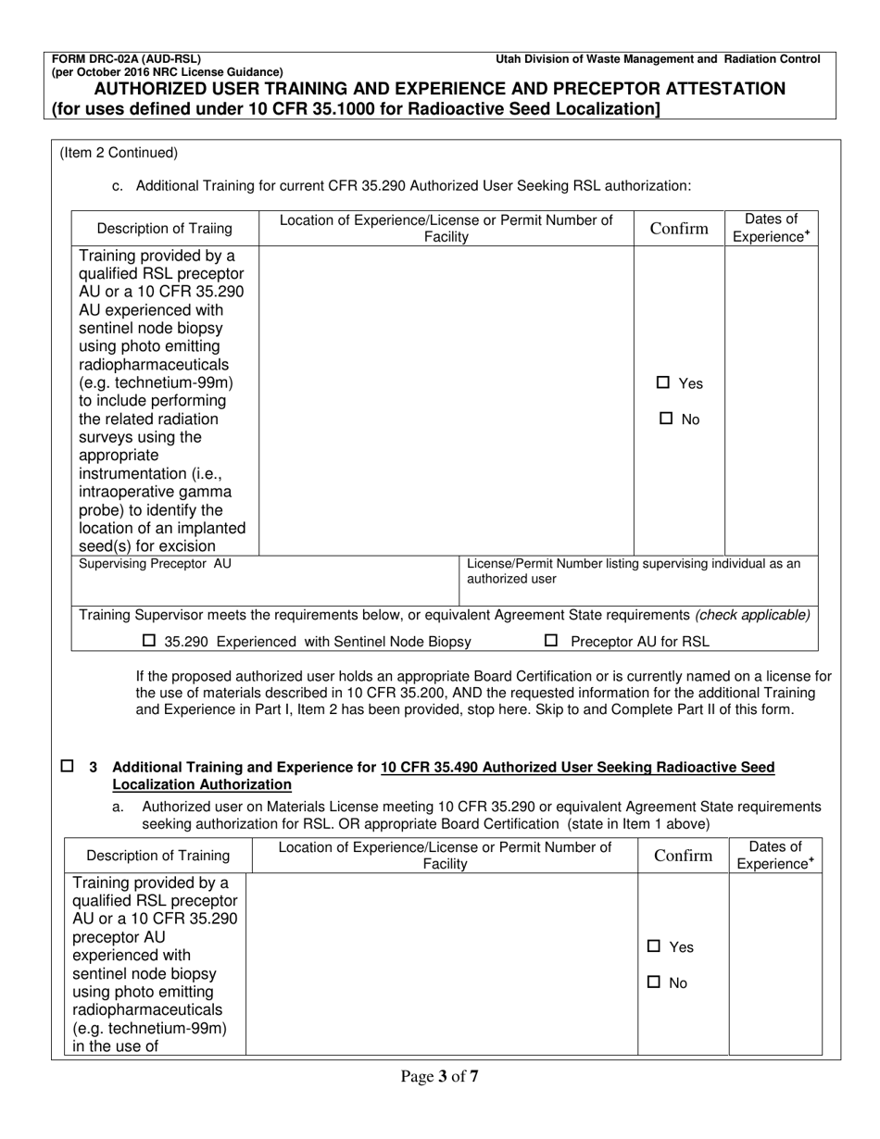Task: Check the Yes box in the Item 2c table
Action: tap(662, 383)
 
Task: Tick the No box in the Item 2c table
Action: tap(665, 419)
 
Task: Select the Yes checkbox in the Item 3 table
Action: tap(654, 947)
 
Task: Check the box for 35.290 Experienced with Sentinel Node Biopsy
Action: tap(150, 641)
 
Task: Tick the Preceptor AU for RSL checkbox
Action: tap(551, 641)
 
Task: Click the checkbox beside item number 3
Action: tap(67, 767)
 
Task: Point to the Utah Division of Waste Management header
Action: tap(658, 59)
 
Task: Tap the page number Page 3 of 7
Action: tap(440, 1076)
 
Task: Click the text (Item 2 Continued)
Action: tap(119, 153)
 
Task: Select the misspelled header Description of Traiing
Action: tap(165, 229)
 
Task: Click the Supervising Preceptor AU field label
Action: tap(156, 564)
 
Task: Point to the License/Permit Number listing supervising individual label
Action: tap(634, 570)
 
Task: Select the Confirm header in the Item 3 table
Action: tap(683, 856)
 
